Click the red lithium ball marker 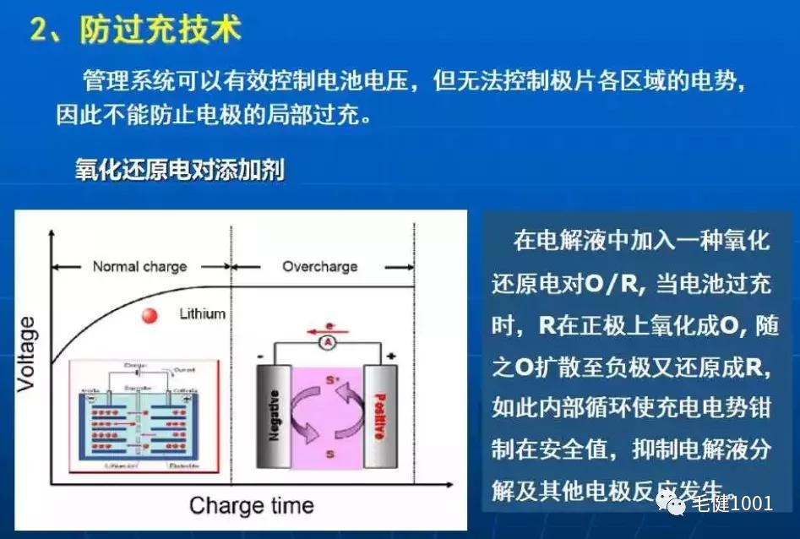150,316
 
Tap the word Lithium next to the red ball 203,313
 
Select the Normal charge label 139,266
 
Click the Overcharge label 319,266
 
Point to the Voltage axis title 29,354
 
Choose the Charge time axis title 252,505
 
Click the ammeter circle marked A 324,343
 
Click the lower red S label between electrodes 329,455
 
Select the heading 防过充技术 161,30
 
